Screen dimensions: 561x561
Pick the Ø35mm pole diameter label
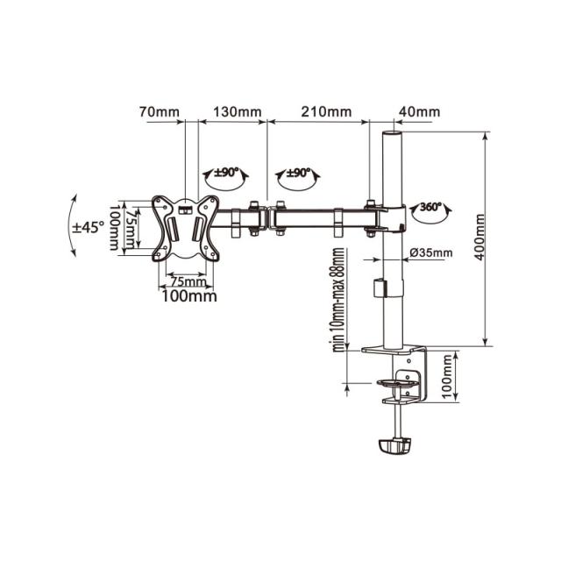[431, 253]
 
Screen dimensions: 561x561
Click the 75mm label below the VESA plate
[187, 281]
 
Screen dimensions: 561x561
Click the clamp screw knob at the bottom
[396, 444]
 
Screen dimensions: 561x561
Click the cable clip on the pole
[380, 286]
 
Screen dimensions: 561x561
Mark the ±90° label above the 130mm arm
[227, 174]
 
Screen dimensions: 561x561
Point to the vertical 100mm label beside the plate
[114, 228]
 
